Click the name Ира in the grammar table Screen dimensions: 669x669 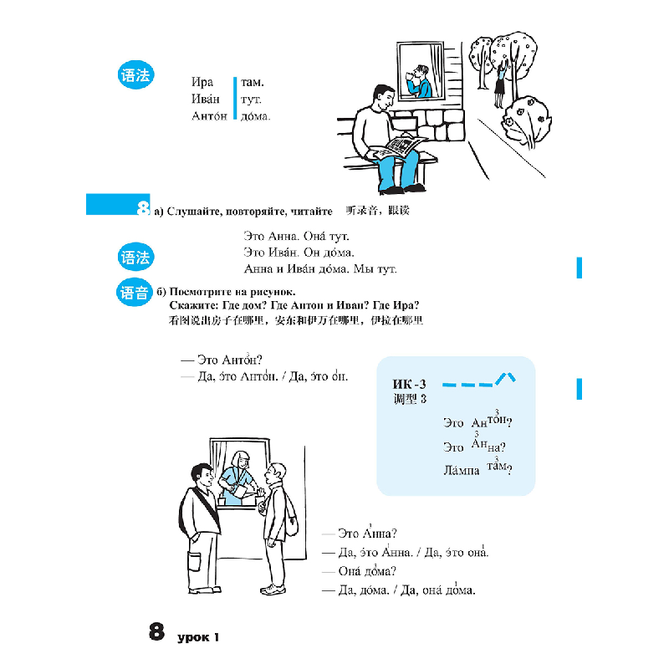click(202, 82)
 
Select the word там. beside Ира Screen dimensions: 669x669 click(253, 82)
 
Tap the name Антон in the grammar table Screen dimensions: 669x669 click(209, 115)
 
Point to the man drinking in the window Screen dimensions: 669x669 click(419, 82)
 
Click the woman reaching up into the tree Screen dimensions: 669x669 click(500, 82)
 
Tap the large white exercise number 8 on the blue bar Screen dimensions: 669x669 click(143, 207)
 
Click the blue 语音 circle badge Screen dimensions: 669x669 click(134, 293)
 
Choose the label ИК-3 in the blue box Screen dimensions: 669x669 click(409, 385)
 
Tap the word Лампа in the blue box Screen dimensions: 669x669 click(462, 470)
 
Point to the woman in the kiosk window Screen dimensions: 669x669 click(237, 477)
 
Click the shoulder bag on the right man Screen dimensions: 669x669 click(291, 518)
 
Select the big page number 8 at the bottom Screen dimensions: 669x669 click(156, 631)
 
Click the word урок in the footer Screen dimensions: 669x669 click(193, 637)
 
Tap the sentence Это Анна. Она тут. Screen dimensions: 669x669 click(296, 236)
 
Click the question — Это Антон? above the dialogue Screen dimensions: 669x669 click(222, 360)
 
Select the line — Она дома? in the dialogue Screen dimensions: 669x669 click(360, 570)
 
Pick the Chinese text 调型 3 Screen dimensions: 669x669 click(410, 399)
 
